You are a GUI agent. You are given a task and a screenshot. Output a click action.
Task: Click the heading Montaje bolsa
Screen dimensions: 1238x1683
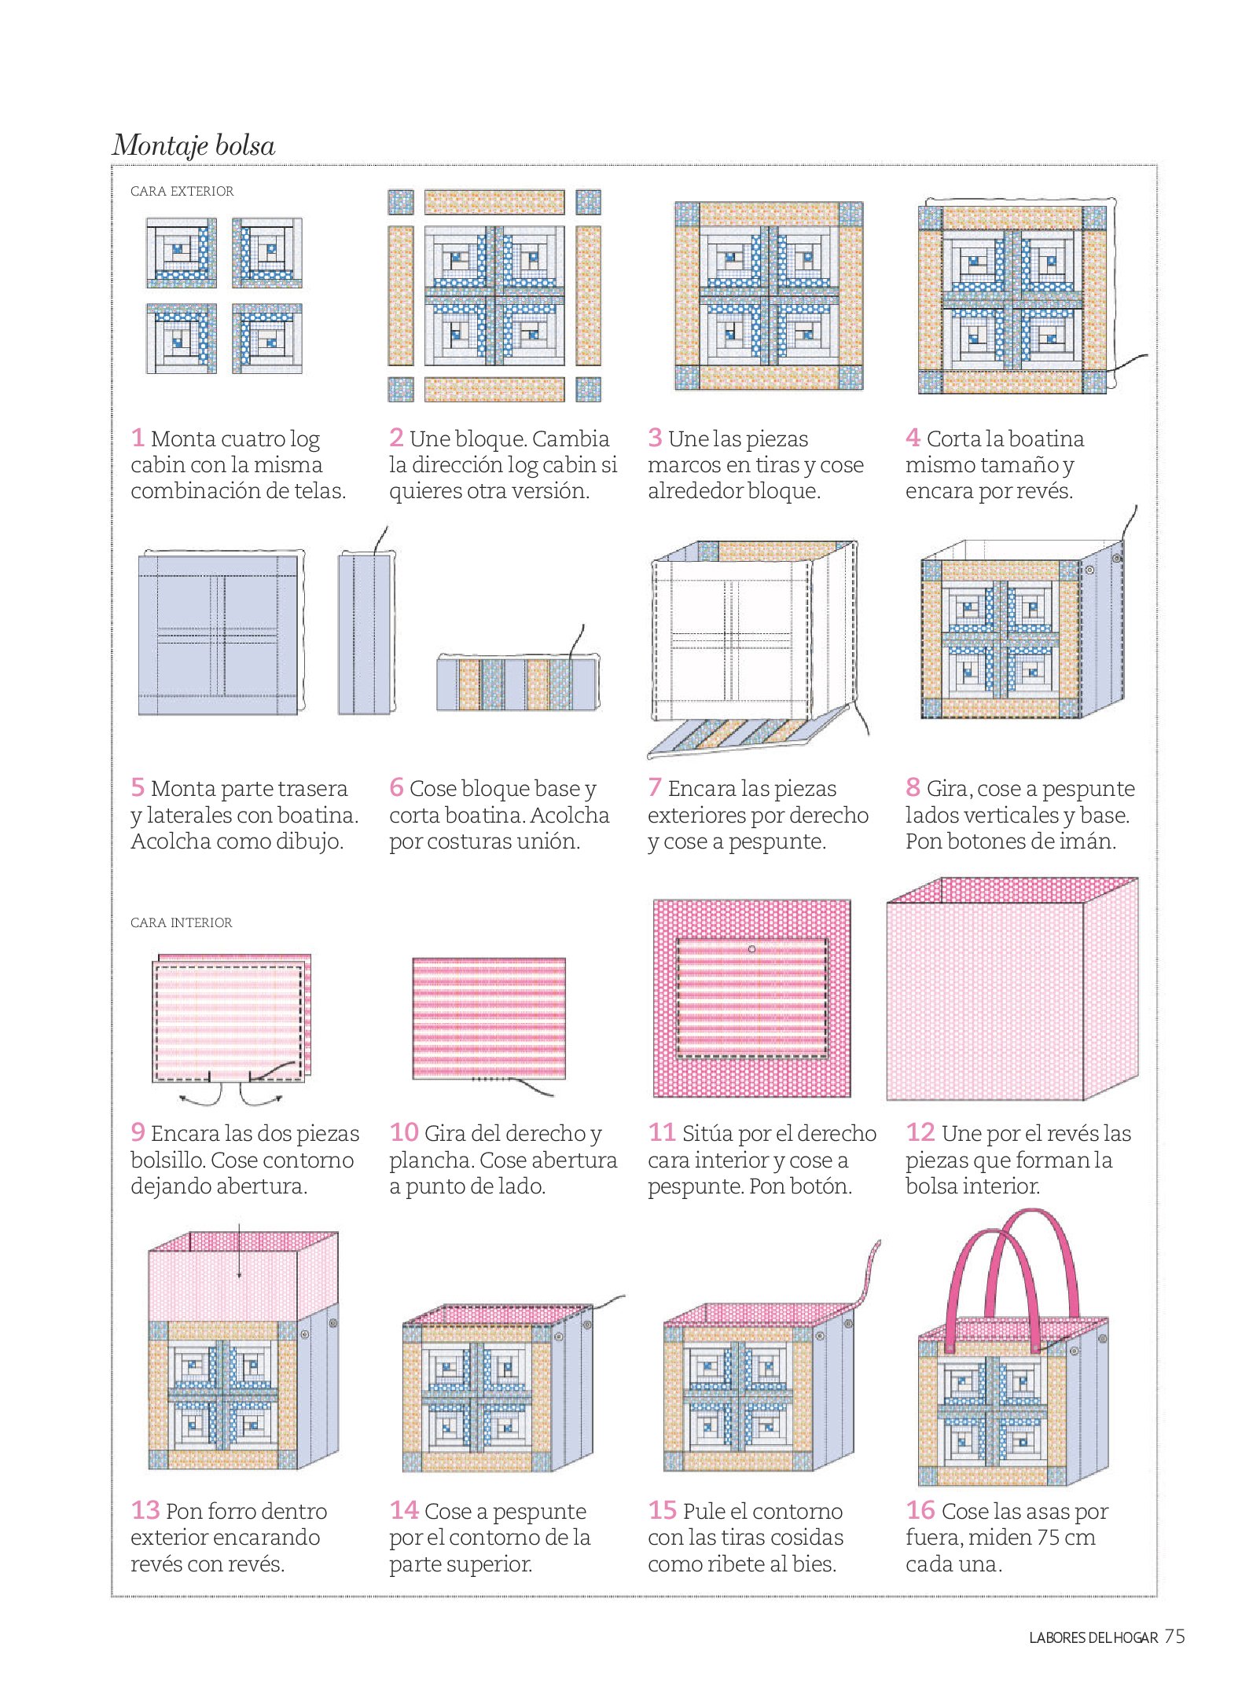[193, 145]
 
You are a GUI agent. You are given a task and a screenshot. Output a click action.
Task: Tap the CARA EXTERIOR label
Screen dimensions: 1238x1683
[182, 191]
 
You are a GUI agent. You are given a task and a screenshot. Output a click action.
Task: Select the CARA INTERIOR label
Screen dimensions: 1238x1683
[181, 922]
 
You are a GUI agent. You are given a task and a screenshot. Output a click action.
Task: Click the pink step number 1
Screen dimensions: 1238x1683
[138, 437]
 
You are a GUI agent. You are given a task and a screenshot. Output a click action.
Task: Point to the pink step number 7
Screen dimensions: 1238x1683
[654, 786]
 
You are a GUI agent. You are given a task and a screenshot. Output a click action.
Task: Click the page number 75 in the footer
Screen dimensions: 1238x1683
[1174, 1637]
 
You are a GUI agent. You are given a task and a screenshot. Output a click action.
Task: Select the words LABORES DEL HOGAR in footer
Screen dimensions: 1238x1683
[1093, 1638]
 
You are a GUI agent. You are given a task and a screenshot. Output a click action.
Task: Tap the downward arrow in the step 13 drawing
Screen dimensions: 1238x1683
[240, 1251]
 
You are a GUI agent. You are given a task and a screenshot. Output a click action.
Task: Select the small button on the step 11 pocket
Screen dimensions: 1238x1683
[751, 949]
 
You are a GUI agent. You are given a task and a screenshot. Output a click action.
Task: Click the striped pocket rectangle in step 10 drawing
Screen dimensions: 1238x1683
[489, 1018]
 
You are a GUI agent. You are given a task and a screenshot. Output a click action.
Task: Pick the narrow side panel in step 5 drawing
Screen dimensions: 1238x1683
[365, 634]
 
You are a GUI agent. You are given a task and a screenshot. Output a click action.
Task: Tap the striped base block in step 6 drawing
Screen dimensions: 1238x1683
[516, 684]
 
